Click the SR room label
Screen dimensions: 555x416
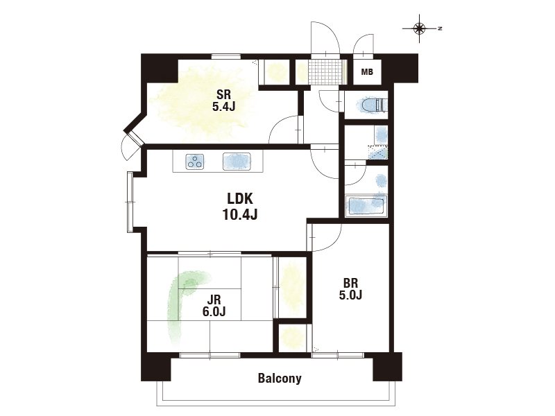click(x=223, y=94)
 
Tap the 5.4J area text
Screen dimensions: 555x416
click(x=223, y=107)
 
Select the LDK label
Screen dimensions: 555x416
click(x=239, y=199)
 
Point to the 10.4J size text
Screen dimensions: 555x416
click(x=239, y=214)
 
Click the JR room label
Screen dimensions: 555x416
click(x=214, y=300)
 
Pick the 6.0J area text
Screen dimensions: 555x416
click(x=214, y=311)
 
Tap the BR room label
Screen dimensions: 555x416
click(x=350, y=283)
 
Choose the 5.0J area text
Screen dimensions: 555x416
click(x=350, y=295)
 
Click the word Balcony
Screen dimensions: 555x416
click(x=280, y=378)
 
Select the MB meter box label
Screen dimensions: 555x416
click(x=367, y=72)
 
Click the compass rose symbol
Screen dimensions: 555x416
click(x=420, y=28)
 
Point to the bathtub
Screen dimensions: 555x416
click(x=366, y=206)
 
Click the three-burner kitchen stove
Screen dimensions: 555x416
click(x=195, y=162)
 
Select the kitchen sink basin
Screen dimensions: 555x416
click(x=237, y=162)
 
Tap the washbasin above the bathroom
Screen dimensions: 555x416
click(x=381, y=135)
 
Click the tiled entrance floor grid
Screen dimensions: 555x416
click(x=325, y=72)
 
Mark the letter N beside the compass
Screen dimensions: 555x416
click(x=440, y=28)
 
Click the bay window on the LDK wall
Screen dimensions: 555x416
click(x=130, y=202)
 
